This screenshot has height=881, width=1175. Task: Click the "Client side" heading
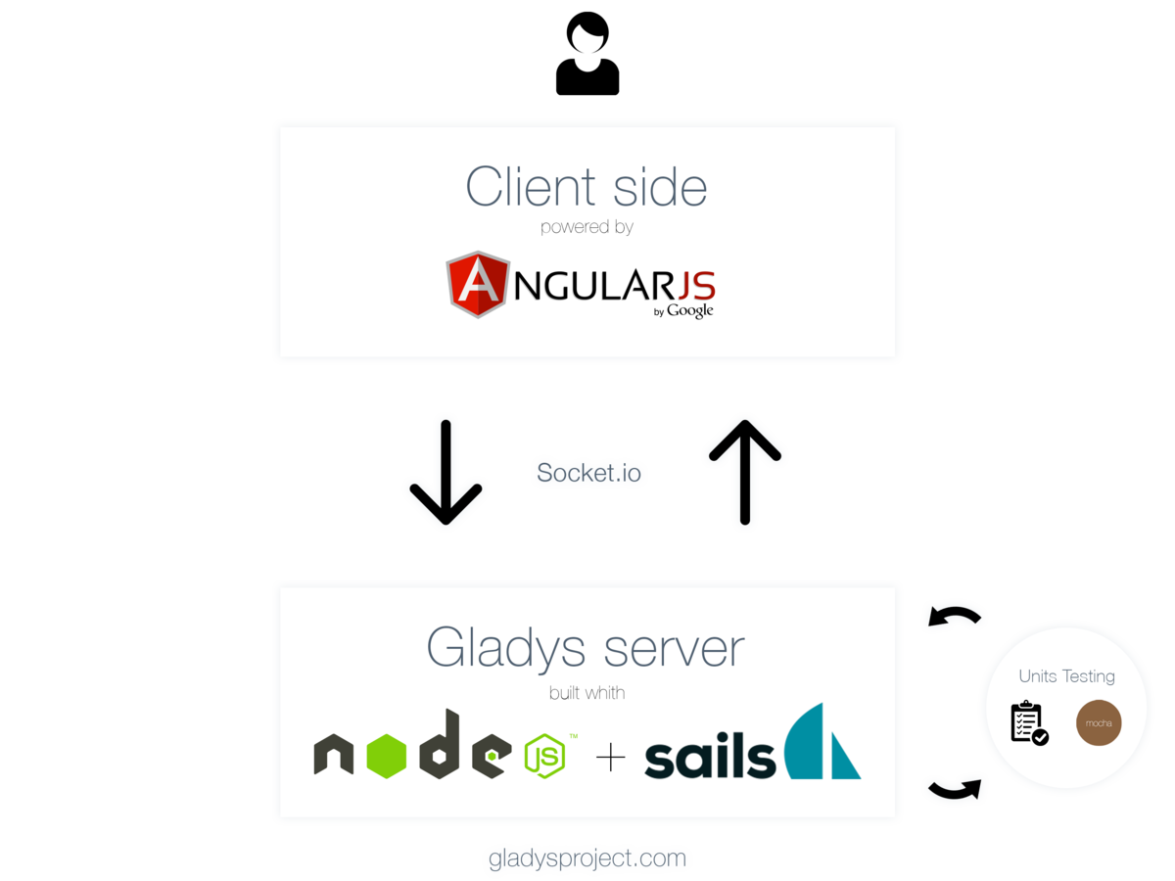(x=586, y=186)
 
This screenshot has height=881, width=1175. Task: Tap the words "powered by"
(x=587, y=227)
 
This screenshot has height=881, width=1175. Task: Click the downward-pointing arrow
(x=446, y=473)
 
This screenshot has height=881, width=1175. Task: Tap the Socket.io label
(x=588, y=474)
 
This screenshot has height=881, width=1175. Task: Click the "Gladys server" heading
(x=586, y=647)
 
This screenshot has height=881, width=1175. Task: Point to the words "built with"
(x=587, y=693)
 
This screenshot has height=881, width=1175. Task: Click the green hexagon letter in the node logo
(x=389, y=756)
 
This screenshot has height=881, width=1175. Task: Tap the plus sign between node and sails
(x=610, y=757)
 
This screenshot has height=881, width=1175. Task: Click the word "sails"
(x=709, y=759)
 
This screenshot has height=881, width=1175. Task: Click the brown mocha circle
(x=1099, y=723)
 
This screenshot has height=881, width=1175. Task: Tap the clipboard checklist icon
(x=1028, y=723)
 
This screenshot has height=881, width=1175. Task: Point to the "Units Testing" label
(x=1066, y=675)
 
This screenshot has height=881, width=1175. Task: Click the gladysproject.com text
(x=588, y=859)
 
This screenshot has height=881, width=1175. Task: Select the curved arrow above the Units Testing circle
(x=955, y=618)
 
